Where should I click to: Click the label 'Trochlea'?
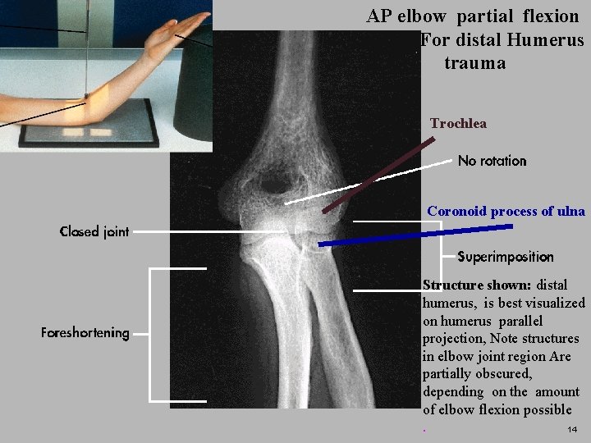click(x=458, y=124)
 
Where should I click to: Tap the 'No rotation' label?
click(x=492, y=161)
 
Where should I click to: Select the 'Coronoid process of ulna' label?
click(x=506, y=212)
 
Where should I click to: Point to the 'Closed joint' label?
click(x=94, y=231)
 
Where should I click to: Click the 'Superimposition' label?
click(x=505, y=257)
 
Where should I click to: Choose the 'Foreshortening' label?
click(x=85, y=332)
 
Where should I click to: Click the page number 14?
click(x=572, y=430)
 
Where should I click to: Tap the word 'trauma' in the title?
click(x=474, y=63)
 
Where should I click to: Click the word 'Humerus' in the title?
click(x=545, y=39)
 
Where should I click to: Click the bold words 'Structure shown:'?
click(x=477, y=285)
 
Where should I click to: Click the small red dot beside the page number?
click(x=424, y=431)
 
